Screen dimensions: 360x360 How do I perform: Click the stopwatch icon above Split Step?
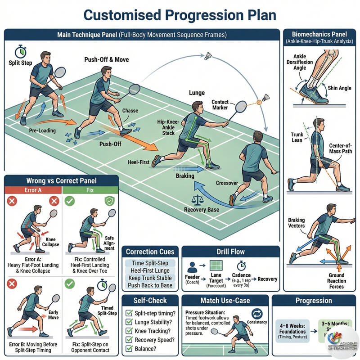20,50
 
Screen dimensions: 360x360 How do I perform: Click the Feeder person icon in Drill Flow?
192,266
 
